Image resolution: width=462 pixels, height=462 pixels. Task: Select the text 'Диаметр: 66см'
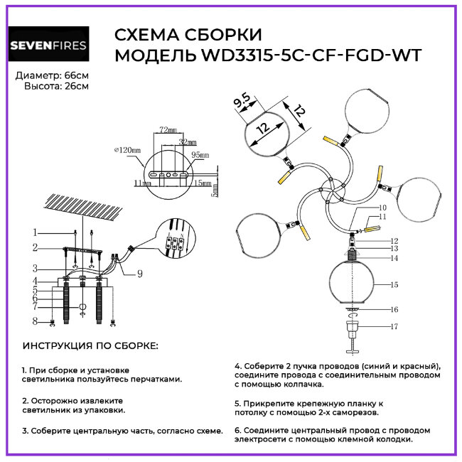[52, 75]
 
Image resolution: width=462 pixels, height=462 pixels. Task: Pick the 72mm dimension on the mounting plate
[167, 131]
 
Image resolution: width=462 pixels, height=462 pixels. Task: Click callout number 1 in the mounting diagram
[33, 232]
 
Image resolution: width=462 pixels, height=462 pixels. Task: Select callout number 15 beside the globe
[393, 284]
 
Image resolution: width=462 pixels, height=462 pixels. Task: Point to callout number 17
[393, 327]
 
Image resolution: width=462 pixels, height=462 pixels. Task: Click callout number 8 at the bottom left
[33, 321]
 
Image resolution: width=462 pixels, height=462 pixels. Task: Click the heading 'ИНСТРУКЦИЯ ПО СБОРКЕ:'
[91, 345]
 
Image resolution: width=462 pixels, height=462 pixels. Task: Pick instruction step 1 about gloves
[102, 375]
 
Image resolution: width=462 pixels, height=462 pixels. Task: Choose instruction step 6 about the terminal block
[332, 434]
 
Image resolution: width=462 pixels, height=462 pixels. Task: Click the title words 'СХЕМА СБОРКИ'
[188, 36]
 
